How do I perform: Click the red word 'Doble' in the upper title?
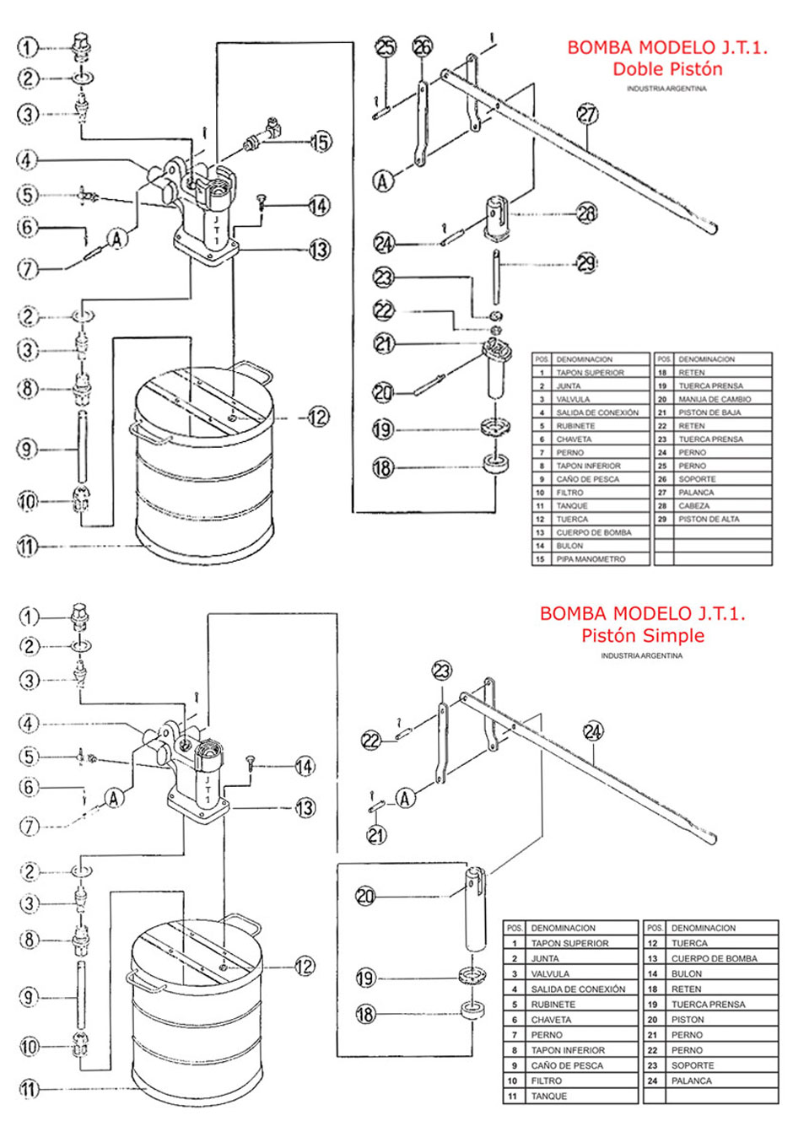click(635, 68)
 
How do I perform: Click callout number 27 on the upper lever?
click(588, 114)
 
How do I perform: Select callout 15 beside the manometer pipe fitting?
click(321, 142)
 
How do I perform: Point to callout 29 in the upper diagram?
click(587, 263)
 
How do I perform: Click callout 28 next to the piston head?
click(587, 213)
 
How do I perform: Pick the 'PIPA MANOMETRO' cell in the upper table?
click(591, 559)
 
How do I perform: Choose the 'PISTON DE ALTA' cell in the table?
click(709, 519)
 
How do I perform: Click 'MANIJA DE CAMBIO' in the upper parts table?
click(715, 399)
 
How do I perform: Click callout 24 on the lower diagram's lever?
click(593, 731)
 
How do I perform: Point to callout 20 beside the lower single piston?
click(365, 897)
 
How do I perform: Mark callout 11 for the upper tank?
click(28, 546)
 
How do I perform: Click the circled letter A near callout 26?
click(383, 181)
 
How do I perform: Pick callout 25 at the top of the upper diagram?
click(386, 48)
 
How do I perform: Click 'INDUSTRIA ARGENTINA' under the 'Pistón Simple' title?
click(641, 655)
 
